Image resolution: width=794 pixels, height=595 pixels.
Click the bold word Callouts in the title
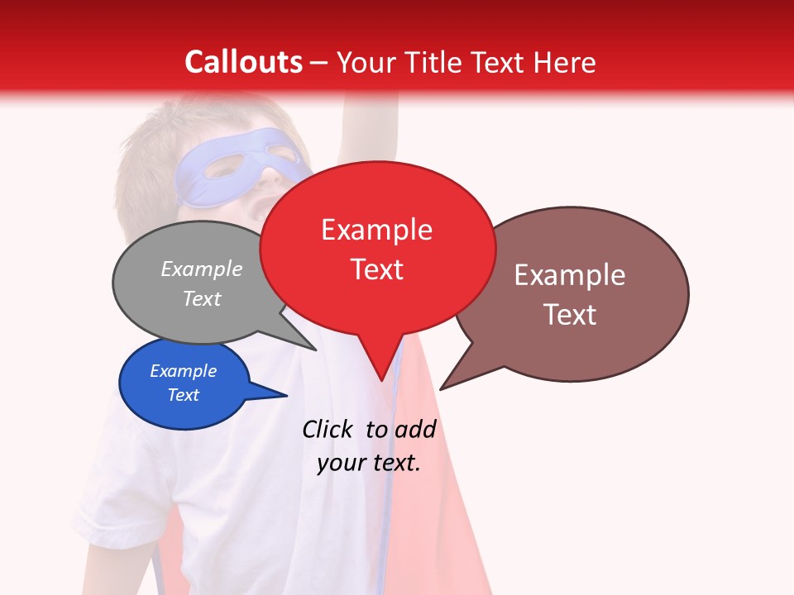[243, 62]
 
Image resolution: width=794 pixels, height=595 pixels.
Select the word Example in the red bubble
[376, 230]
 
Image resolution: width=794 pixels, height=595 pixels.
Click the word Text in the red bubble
[377, 269]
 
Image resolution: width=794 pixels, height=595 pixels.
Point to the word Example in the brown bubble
[569, 275]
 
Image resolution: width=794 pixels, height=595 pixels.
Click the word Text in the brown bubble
[570, 315]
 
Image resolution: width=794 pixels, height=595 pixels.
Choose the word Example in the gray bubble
[202, 269]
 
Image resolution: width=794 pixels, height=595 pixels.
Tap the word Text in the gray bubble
[202, 299]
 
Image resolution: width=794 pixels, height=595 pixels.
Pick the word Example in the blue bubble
[183, 371]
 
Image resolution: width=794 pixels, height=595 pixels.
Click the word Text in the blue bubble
[183, 395]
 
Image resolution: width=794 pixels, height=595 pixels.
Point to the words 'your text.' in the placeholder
[369, 463]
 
